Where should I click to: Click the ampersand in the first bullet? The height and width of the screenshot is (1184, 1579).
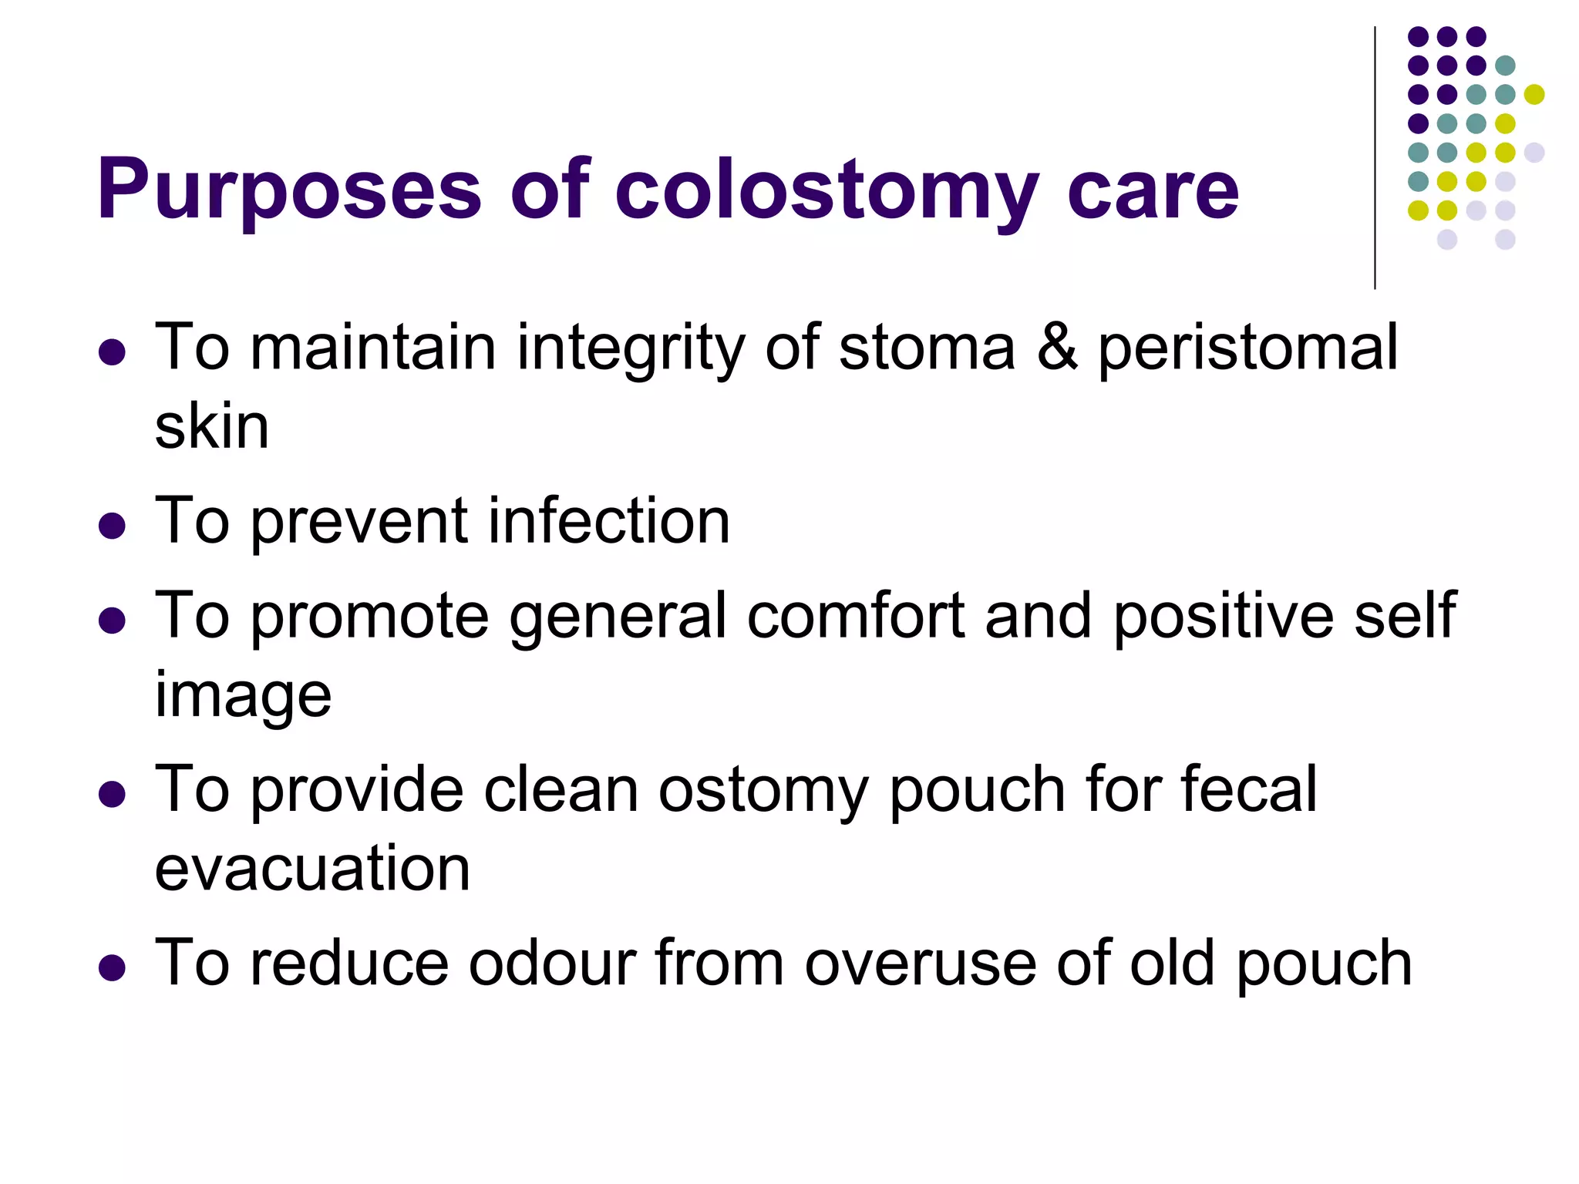1057,348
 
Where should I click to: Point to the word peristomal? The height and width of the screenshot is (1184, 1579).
1247,351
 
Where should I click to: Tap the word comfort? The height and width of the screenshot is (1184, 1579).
856,616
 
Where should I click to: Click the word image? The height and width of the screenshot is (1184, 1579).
243,697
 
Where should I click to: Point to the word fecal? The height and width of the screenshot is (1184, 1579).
1248,789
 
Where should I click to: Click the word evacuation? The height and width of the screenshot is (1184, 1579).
312,869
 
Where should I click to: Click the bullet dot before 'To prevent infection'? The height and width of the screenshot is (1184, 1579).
113,526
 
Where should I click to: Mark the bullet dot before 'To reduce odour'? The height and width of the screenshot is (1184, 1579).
113,968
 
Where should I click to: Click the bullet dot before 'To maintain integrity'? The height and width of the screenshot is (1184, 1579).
113,352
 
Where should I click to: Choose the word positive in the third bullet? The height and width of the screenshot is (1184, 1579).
1223,616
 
